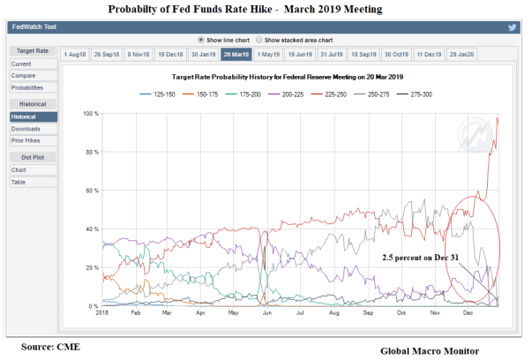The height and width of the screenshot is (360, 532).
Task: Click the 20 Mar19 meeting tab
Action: tap(236, 55)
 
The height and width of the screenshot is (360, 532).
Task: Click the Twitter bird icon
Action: tap(511, 27)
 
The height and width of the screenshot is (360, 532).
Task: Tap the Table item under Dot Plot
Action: tap(19, 182)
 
